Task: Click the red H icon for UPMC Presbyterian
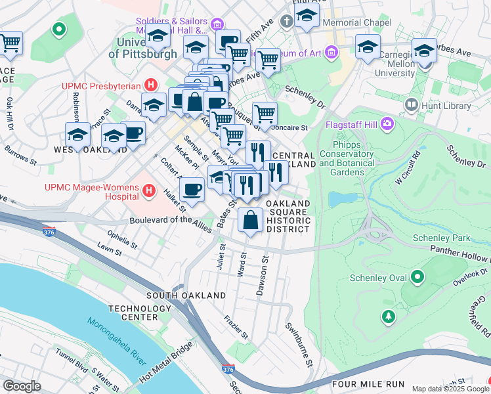pyautogui.click(x=152, y=85)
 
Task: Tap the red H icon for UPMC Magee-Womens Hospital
pyautogui.click(x=149, y=192)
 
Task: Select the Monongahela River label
pyautogui.click(x=116, y=343)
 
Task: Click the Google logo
pyautogui.click(x=22, y=386)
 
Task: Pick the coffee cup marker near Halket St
pyautogui.click(x=192, y=189)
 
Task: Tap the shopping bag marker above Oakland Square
pyautogui.click(x=251, y=221)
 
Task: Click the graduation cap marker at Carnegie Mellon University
pyautogui.click(x=424, y=51)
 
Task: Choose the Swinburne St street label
pyautogui.click(x=297, y=336)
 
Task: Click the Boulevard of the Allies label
pyautogui.click(x=171, y=224)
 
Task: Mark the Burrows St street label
pyautogui.click(x=20, y=154)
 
